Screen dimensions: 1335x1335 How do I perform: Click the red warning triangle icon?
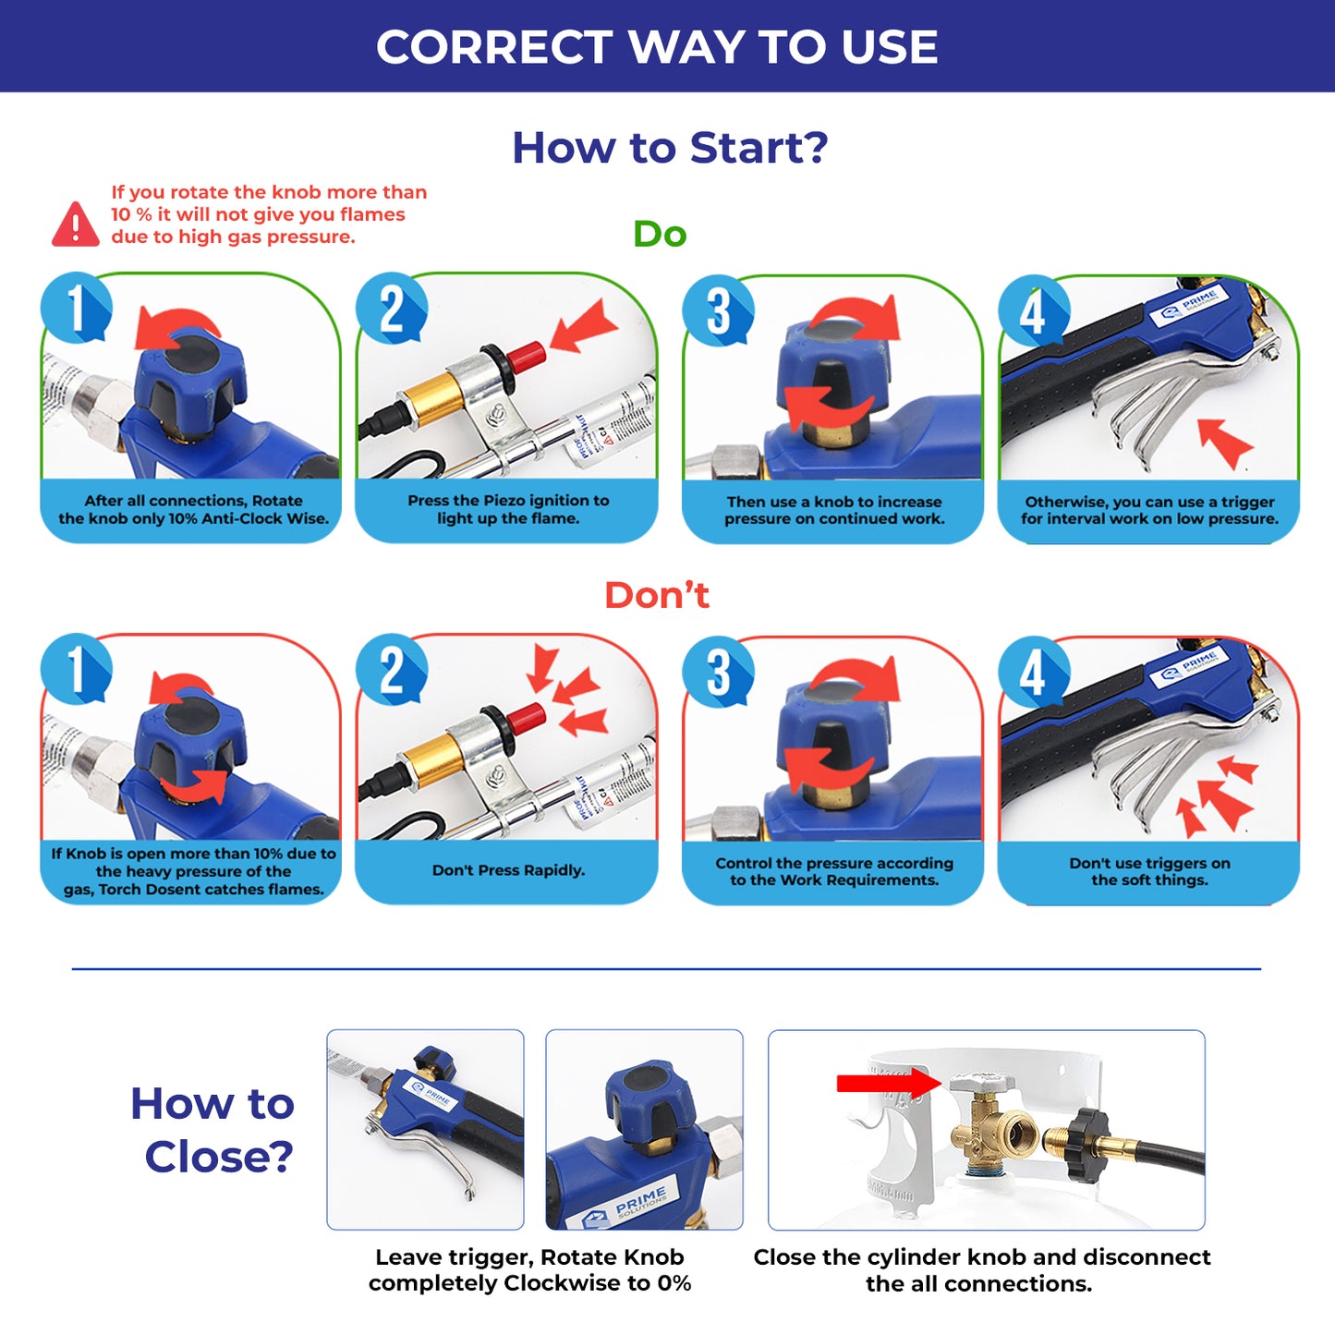[x=76, y=225]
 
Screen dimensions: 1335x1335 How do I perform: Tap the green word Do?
[x=660, y=234]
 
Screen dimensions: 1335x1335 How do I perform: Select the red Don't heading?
[x=657, y=595]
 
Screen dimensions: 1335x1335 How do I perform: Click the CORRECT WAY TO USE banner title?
[x=657, y=46]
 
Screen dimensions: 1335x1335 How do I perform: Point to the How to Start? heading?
[x=670, y=148]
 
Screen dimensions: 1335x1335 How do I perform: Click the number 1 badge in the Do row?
[x=76, y=308]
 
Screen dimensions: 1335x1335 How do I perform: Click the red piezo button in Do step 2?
[x=526, y=355]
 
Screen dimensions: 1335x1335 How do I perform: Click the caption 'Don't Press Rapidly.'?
[x=508, y=870]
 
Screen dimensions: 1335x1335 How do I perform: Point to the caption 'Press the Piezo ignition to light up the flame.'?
[x=508, y=509]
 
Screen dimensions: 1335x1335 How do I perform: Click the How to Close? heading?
[x=213, y=1129]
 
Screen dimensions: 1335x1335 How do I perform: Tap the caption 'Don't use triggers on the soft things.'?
[x=1149, y=871]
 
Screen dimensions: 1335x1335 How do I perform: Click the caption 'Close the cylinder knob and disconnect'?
[x=982, y=1256]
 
